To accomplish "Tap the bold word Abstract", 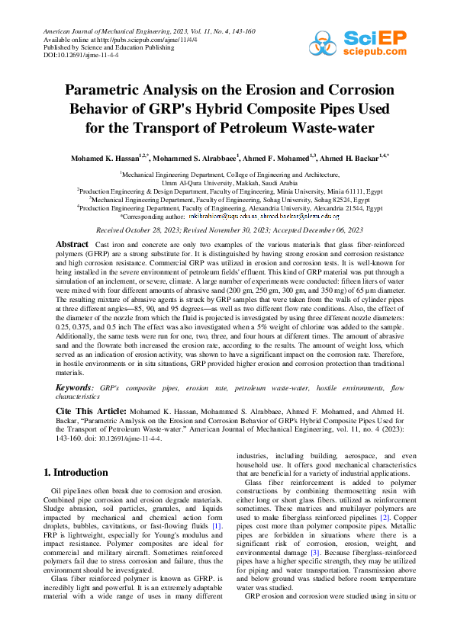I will tap(72, 244).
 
